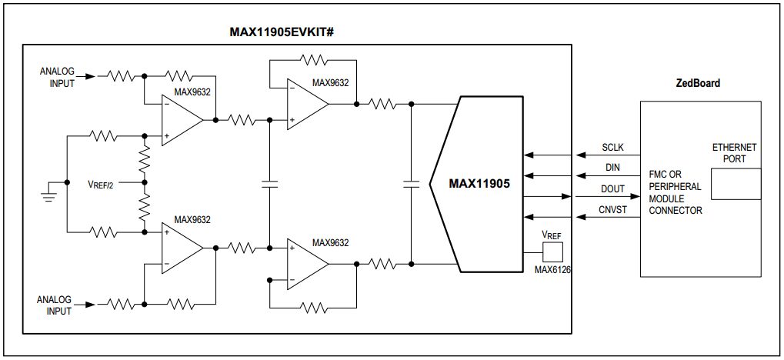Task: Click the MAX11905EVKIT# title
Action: click(x=285, y=32)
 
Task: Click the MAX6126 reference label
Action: click(x=552, y=270)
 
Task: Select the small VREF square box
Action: click(x=552, y=252)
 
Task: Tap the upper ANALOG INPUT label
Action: click(x=58, y=78)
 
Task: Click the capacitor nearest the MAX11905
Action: click(x=412, y=184)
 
